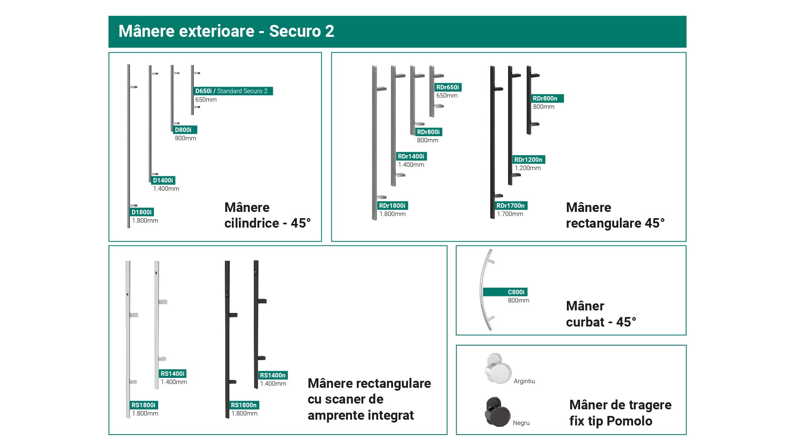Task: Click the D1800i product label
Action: click(142, 212)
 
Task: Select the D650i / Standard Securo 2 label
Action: click(233, 91)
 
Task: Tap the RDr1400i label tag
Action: click(411, 156)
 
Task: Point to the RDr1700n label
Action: click(511, 206)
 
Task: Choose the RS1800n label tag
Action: click(244, 405)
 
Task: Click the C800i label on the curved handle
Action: click(505, 292)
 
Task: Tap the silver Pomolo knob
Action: click(498, 368)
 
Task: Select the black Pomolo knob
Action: click(498, 412)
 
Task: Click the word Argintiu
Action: click(524, 381)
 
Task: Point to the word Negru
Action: click(521, 423)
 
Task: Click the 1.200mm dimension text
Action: click(528, 168)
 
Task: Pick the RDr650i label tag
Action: click(448, 87)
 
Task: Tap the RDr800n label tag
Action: click(545, 99)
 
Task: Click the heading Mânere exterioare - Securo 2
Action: click(226, 31)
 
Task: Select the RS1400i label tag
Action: click(173, 374)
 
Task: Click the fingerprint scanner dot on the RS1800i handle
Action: click(128, 295)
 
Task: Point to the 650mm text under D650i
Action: click(206, 100)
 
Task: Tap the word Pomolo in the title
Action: click(629, 421)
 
